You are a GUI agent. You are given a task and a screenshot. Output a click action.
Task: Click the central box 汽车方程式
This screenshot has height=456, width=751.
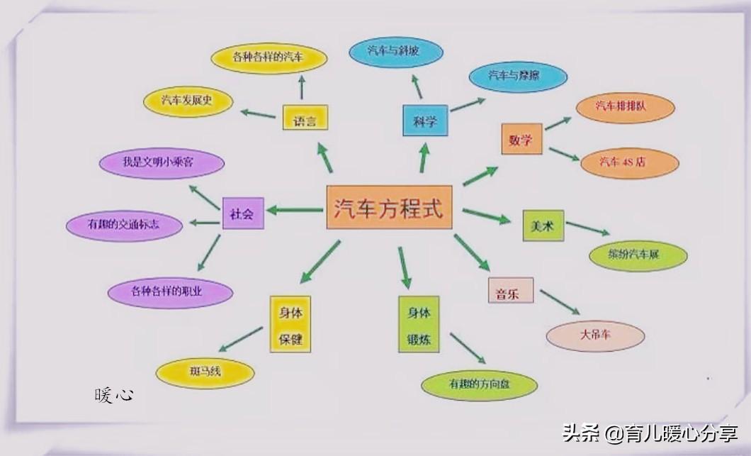click(x=388, y=208)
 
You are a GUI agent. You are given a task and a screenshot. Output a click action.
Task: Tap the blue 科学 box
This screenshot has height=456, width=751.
click(x=425, y=121)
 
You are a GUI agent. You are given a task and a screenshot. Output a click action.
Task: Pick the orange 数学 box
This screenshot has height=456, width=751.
click(x=521, y=139)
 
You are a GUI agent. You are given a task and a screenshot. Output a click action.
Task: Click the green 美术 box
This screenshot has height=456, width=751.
click(x=543, y=226)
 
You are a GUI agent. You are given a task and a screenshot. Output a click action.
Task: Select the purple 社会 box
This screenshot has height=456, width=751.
click(x=242, y=213)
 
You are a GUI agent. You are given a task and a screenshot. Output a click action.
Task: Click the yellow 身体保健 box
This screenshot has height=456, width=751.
click(x=290, y=325)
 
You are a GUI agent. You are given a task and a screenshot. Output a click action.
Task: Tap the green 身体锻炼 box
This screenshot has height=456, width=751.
click(x=418, y=325)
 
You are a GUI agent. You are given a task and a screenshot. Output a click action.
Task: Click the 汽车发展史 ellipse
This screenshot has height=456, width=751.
click(x=188, y=101)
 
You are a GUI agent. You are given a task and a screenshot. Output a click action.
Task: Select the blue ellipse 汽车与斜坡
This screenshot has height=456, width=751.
click(x=395, y=52)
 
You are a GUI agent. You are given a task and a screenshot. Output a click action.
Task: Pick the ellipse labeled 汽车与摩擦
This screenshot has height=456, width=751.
click(x=518, y=76)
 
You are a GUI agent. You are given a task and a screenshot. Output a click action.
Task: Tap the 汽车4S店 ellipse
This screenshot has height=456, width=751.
click(x=629, y=162)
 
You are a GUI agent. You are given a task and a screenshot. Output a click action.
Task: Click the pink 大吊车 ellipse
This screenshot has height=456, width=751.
click(x=595, y=335)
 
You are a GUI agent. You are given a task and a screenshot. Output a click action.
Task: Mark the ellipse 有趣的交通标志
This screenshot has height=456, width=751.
click(x=124, y=225)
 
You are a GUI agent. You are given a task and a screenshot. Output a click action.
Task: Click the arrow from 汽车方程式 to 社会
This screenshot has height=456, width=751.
click(x=294, y=210)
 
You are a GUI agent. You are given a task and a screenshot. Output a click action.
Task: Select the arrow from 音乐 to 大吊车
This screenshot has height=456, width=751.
click(x=559, y=301)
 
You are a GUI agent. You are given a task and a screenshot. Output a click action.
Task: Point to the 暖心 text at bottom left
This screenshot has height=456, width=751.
click(x=113, y=395)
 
